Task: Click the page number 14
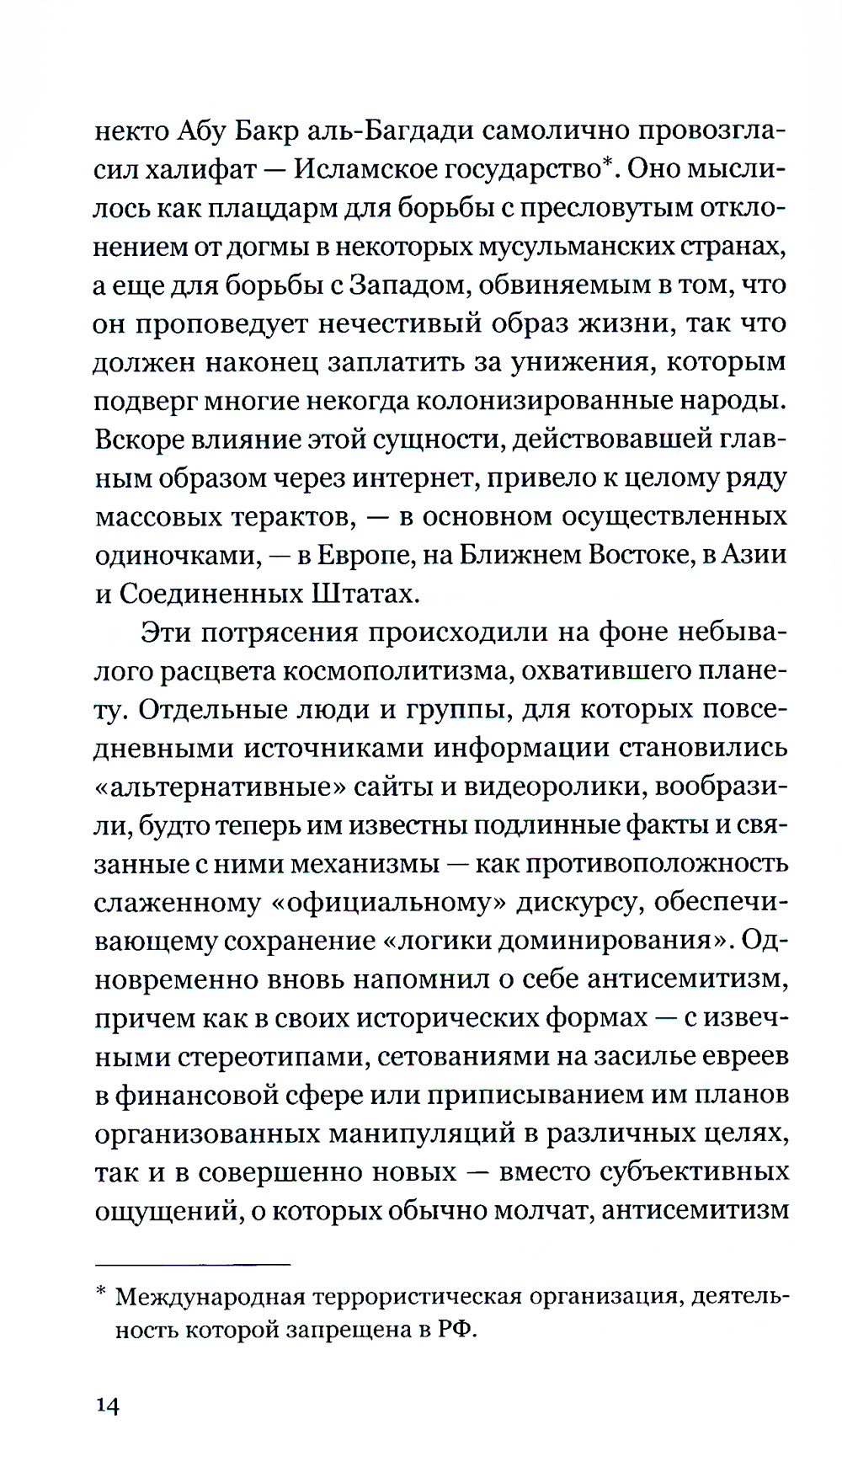pyautogui.click(x=108, y=1405)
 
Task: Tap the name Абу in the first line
pyautogui.click(x=198, y=131)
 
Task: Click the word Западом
pyautogui.click(x=409, y=286)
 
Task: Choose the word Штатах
pyautogui.click(x=365, y=595)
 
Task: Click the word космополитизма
pyautogui.click(x=397, y=672)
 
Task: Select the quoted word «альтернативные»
pyautogui.click(x=220, y=787)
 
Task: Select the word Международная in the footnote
pyautogui.click(x=210, y=1297)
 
